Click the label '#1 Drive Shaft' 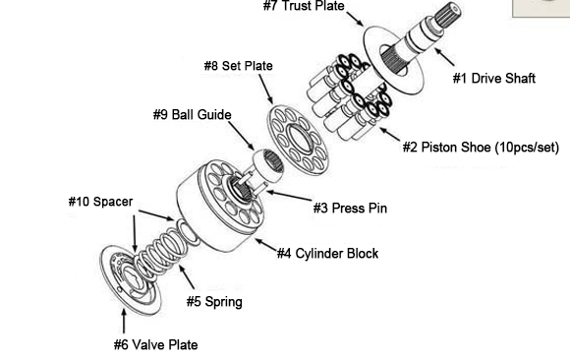click(494, 79)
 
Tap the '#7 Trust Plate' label click(304, 6)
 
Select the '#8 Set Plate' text click(239, 66)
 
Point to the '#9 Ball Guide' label click(193, 115)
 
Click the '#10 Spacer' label click(100, 202)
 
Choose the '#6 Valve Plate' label click(156, 344)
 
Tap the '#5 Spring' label click(214, 302)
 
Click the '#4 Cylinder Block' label click(327, 254)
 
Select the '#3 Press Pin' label click(351, 209)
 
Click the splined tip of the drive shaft click(448, 14)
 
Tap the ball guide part click(268, 165)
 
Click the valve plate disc click(130, 279)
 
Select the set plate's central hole click(299, 139)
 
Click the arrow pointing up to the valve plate click(124, 321)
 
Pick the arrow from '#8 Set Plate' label click(265, 90)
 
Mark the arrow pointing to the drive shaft click(444, 57)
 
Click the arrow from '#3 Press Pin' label click(289, 196)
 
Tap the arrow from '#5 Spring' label click(187, 277)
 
